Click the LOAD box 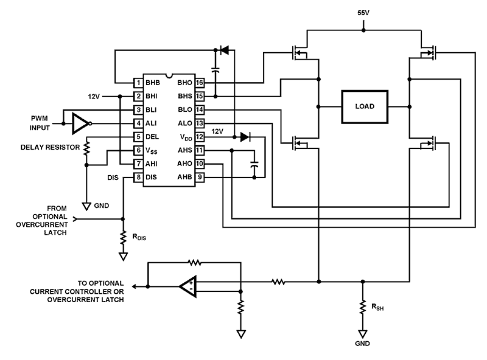(364, 106)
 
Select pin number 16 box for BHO (200, 83)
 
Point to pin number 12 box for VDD (200, 137)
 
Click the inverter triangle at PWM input (81, 123)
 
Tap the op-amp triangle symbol (189, 286)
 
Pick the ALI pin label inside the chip (151, 123)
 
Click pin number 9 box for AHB (200, 177)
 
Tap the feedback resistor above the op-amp (195, 263)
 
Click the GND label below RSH (363, 343)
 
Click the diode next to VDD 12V (245, 137)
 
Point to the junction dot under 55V (363, 30)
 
